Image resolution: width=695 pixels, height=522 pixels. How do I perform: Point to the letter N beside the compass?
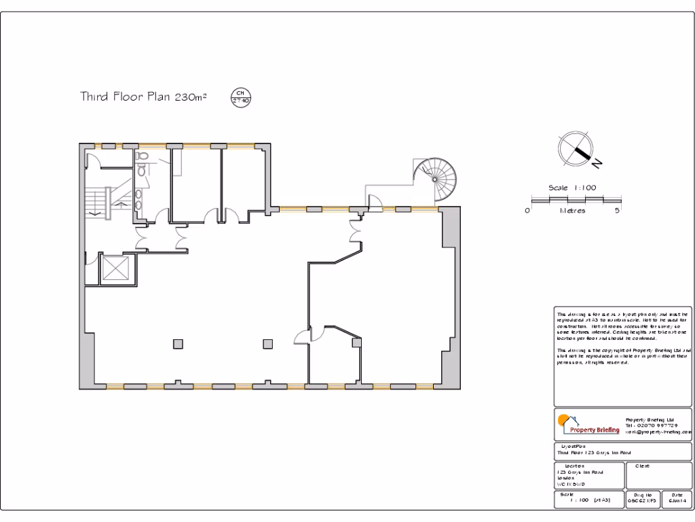pyautogui.click(x=597, y=163)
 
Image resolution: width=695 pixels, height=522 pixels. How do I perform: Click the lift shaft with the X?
pyautogui.click(x=114, y=269)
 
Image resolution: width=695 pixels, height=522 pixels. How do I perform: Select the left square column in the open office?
pyautogui.click(x=178, y=344)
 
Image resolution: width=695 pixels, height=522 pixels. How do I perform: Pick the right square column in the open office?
pyautogui.click(x=269, y=344)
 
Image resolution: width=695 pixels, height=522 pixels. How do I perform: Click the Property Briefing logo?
pyautogui.click(x=588, y=426)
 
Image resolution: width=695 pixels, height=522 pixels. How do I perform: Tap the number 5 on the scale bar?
pyautogui.click(x=618, y=211)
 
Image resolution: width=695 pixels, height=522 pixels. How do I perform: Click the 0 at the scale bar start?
pyautogui.click(x=527, y=211)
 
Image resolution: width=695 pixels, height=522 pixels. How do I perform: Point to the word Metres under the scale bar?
pyautogui.click(x=572, y=211)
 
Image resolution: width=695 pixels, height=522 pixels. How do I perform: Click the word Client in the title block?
pyautogui.click(x=641, y=466)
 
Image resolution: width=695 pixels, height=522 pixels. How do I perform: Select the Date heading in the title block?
pyautogui.click(x=677, y=494)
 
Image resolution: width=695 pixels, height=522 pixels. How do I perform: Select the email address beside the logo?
pyautogui.click(x=658, y=432)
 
